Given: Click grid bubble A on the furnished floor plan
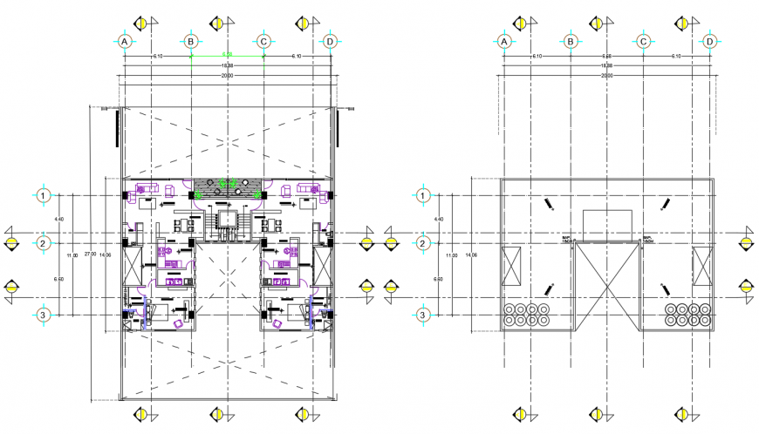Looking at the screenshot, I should point(125,41).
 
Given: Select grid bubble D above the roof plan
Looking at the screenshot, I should point(709,41).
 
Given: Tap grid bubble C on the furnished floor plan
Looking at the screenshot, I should point(264,41).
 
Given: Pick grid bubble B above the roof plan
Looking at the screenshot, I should point(570,41).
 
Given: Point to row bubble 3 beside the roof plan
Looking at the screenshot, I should point(422,315).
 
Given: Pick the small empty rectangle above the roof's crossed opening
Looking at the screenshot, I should point(607,222).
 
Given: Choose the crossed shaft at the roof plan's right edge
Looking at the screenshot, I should point(703,266).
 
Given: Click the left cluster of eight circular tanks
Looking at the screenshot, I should point(527,314).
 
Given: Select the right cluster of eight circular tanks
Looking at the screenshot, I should point(689,314).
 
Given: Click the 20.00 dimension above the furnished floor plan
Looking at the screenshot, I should point(227,76).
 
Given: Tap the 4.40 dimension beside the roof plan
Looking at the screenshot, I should point(450,220).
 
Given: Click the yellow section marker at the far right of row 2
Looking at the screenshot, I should point(747,243).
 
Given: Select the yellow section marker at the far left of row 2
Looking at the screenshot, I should point(11,243).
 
